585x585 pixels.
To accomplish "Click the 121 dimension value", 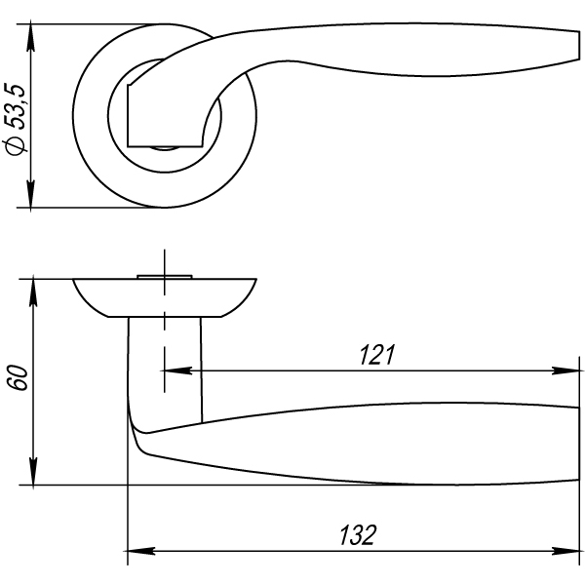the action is click(376, 355).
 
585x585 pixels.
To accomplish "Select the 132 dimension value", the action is click(358, 535).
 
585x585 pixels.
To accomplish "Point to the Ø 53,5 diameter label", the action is click(16, 119).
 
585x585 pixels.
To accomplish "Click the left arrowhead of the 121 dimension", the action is click(176, 370).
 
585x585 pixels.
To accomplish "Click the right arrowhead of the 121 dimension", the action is click(565, 370).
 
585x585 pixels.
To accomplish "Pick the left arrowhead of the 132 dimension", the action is click(141, 551).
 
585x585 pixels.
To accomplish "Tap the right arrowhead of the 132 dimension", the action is click(565, 551).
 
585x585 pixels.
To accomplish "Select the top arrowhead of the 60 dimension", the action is click(33, 292).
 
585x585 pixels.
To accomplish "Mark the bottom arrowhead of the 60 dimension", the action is click(33, 472).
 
